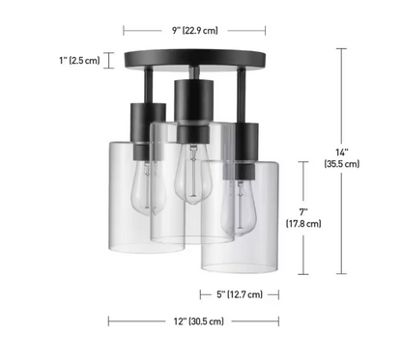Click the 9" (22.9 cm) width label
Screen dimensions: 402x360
[x=195, y=31]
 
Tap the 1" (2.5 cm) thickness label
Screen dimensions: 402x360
[x=79, y=60]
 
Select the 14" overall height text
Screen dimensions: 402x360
[x=342, y=152]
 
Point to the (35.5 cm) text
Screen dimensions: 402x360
[x=342, y=164]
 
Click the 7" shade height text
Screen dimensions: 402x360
[x=303, y=212]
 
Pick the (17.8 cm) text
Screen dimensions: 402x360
[x=303, y=223]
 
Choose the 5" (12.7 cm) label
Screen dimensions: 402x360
[x=240, y=294]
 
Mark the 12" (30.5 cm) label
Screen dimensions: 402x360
[x=199, y=321]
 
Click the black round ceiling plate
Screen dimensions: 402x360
[x=195, y=59]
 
